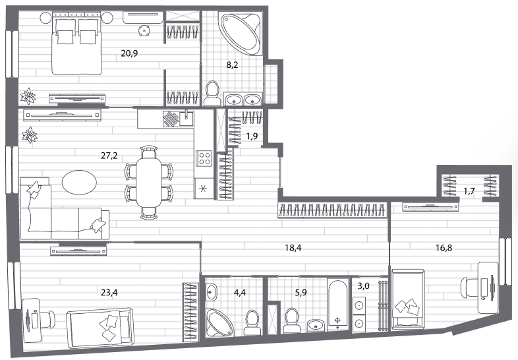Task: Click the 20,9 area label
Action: click(129, 53)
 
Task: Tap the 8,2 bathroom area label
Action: click(232, 65)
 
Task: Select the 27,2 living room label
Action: click(109, 156)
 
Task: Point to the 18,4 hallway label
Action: click(293, 247)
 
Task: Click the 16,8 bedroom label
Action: click(444, 247)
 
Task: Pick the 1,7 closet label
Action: click(469, 191)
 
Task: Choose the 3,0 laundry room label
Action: click(363, 286)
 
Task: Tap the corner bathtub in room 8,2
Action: click(240, 34)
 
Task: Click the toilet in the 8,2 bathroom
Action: click(212, 94)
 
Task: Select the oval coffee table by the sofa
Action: click(79, 182)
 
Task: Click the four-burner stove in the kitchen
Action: click(204, 158)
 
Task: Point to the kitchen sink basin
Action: click(187, 117)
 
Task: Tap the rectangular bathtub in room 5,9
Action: click(337, 304)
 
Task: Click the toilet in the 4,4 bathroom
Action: click(252, 322)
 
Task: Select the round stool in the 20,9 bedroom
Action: click(144, 30)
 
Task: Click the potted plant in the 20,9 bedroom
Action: click(28, 96)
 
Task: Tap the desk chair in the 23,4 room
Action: click(48, 320)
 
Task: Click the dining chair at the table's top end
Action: click(149, 152)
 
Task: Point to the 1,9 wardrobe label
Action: click(252, 136)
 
